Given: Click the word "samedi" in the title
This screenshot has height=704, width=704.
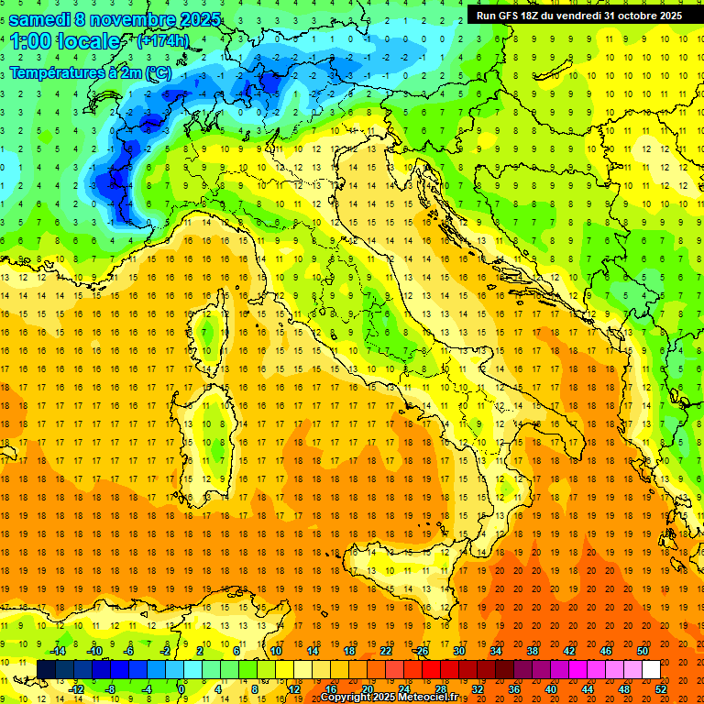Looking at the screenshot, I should [40, 19].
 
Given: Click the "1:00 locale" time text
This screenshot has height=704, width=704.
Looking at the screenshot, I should [65, 41].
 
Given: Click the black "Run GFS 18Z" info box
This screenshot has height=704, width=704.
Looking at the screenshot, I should [578, 16].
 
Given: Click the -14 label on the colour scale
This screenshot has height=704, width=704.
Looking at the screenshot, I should [57, 651].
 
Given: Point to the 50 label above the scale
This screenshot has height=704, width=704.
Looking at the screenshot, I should [643, 651].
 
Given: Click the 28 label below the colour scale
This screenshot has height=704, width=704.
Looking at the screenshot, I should [441, 688].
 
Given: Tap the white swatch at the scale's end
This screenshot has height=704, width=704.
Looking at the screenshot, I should [651, 670].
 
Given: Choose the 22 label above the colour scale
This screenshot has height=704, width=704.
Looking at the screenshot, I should [386, 651].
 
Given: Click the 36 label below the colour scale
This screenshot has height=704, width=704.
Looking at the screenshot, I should [514, 688].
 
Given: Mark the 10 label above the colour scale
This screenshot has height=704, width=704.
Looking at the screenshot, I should [275, 651].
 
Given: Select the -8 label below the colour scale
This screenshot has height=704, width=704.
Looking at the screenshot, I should [110, 688].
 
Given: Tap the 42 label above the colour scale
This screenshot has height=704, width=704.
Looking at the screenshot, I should [570, 651].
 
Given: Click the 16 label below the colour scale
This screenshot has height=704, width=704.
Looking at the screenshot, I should [330, 688].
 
